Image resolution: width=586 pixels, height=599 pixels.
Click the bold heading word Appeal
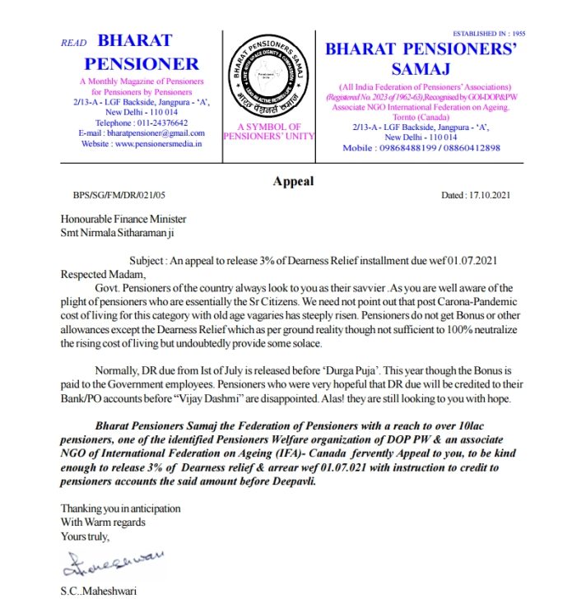(293, 181)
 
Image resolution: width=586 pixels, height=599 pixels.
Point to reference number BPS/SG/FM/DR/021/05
(119, 196)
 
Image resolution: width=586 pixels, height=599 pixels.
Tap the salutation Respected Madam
(103, 274)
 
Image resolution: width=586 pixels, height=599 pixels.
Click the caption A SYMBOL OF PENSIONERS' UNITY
(269, 132)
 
